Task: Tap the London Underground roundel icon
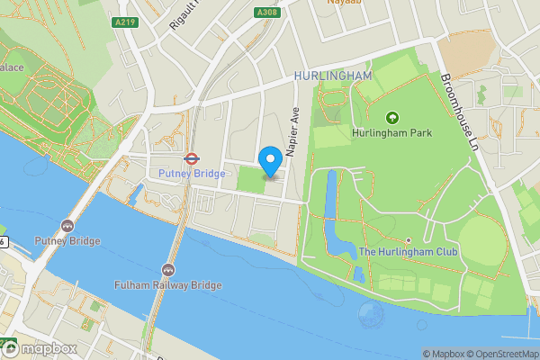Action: (x=191, y=157)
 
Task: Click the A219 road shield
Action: (x=124, y=22)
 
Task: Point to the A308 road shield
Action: (x=266, y=13)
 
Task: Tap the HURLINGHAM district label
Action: (x=332, y=76)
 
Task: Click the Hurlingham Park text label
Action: (x=391, y=133)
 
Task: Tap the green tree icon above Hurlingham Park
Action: (x=391, y=117)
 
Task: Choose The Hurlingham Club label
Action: (x=408, y=252)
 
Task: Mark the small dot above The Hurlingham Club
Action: (x=408, y=239)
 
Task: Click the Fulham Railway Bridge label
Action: (x=168, y=285)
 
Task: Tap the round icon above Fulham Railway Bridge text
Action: (x=168, y=269)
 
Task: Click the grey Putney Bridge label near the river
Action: (x=67, y=241)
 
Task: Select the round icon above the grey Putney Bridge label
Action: (x=67, y=225)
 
